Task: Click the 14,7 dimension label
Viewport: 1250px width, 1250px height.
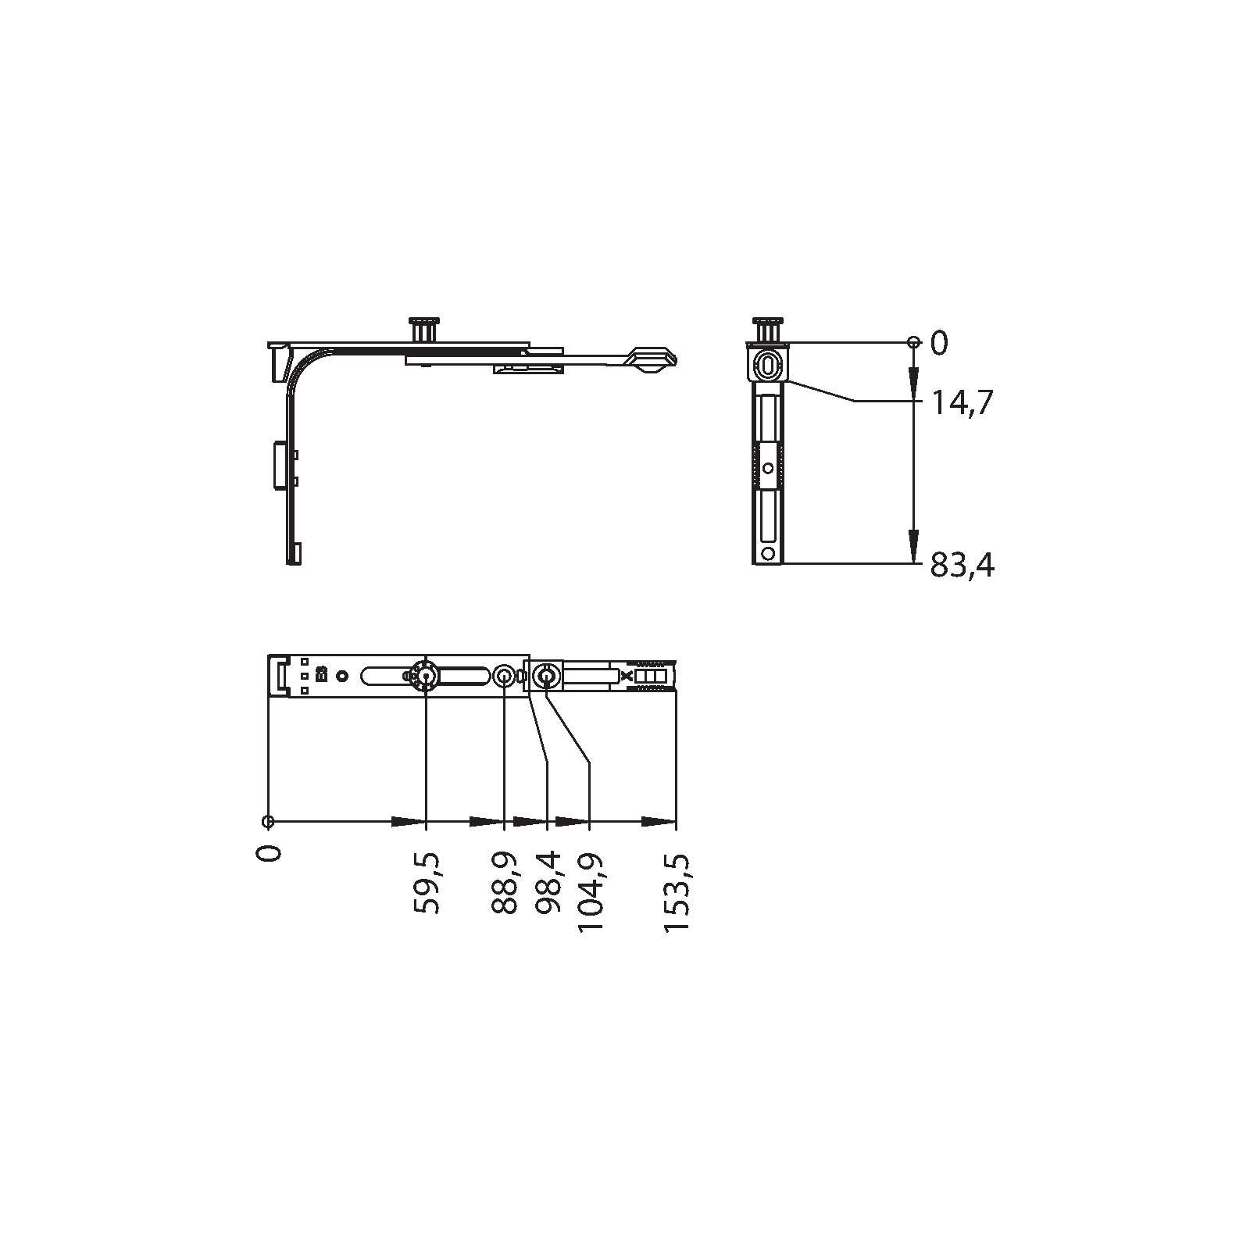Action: (x=962, y=403)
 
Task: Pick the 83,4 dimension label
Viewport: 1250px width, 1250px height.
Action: (x=962, y=565)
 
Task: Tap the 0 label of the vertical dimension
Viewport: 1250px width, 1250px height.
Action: (x=939, y=343)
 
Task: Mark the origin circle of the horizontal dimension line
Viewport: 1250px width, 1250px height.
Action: (x=268, y=821)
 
